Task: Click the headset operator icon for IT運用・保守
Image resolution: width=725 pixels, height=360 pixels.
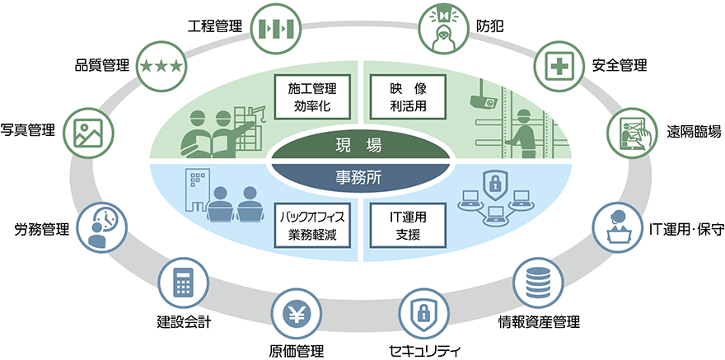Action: (618, 227)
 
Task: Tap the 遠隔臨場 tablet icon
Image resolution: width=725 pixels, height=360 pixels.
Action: (633, 132)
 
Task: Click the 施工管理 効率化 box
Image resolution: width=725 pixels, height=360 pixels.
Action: (311, 96)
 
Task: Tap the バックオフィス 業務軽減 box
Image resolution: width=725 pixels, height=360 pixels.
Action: (311, 224)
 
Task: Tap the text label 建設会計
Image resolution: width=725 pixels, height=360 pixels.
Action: (184, 321)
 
